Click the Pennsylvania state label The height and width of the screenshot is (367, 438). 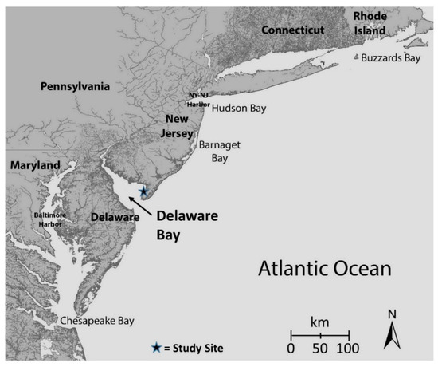[77, 85]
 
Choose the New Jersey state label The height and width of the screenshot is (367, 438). [181, 126]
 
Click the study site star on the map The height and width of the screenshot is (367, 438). [143, 191]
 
